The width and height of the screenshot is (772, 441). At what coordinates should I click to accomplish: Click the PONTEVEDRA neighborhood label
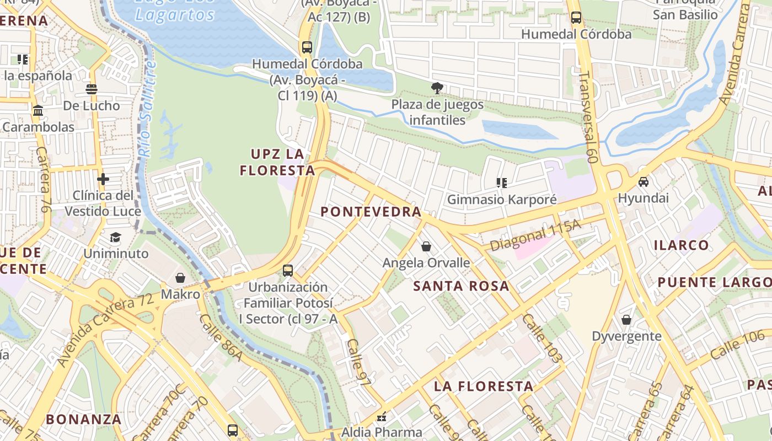click(x=371, y=212)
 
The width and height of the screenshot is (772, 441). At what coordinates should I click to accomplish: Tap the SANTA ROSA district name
click(x=461, y=286)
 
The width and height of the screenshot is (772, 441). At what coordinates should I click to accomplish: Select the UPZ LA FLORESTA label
click(x=277, y=162)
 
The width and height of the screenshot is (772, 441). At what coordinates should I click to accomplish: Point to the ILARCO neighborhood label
click(x=681, y=245)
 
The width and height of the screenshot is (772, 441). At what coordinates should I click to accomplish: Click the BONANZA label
click(x=83, y=419)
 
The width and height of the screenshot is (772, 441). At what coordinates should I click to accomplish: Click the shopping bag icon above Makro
click(x=180, y=278)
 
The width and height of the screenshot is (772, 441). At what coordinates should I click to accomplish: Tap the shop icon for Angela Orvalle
click(x=426, y=246)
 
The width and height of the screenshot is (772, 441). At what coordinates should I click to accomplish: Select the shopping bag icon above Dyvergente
click(x=626, y=320)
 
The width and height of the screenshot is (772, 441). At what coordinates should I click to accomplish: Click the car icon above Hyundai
click(x=643, y=182)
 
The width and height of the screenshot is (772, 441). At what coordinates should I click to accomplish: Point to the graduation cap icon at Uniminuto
click(x=115, y=238)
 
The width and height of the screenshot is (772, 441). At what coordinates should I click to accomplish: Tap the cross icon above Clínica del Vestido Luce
click(x=103, y=179)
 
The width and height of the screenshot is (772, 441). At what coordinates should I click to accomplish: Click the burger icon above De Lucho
click(x=92, y=89)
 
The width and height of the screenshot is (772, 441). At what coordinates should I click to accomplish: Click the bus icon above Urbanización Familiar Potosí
click(x=288, y=271)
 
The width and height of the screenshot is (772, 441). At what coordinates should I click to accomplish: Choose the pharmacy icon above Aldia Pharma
click(x=381, y=417)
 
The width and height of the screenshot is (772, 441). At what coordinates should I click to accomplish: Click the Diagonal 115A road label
click(x=535, y=235)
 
